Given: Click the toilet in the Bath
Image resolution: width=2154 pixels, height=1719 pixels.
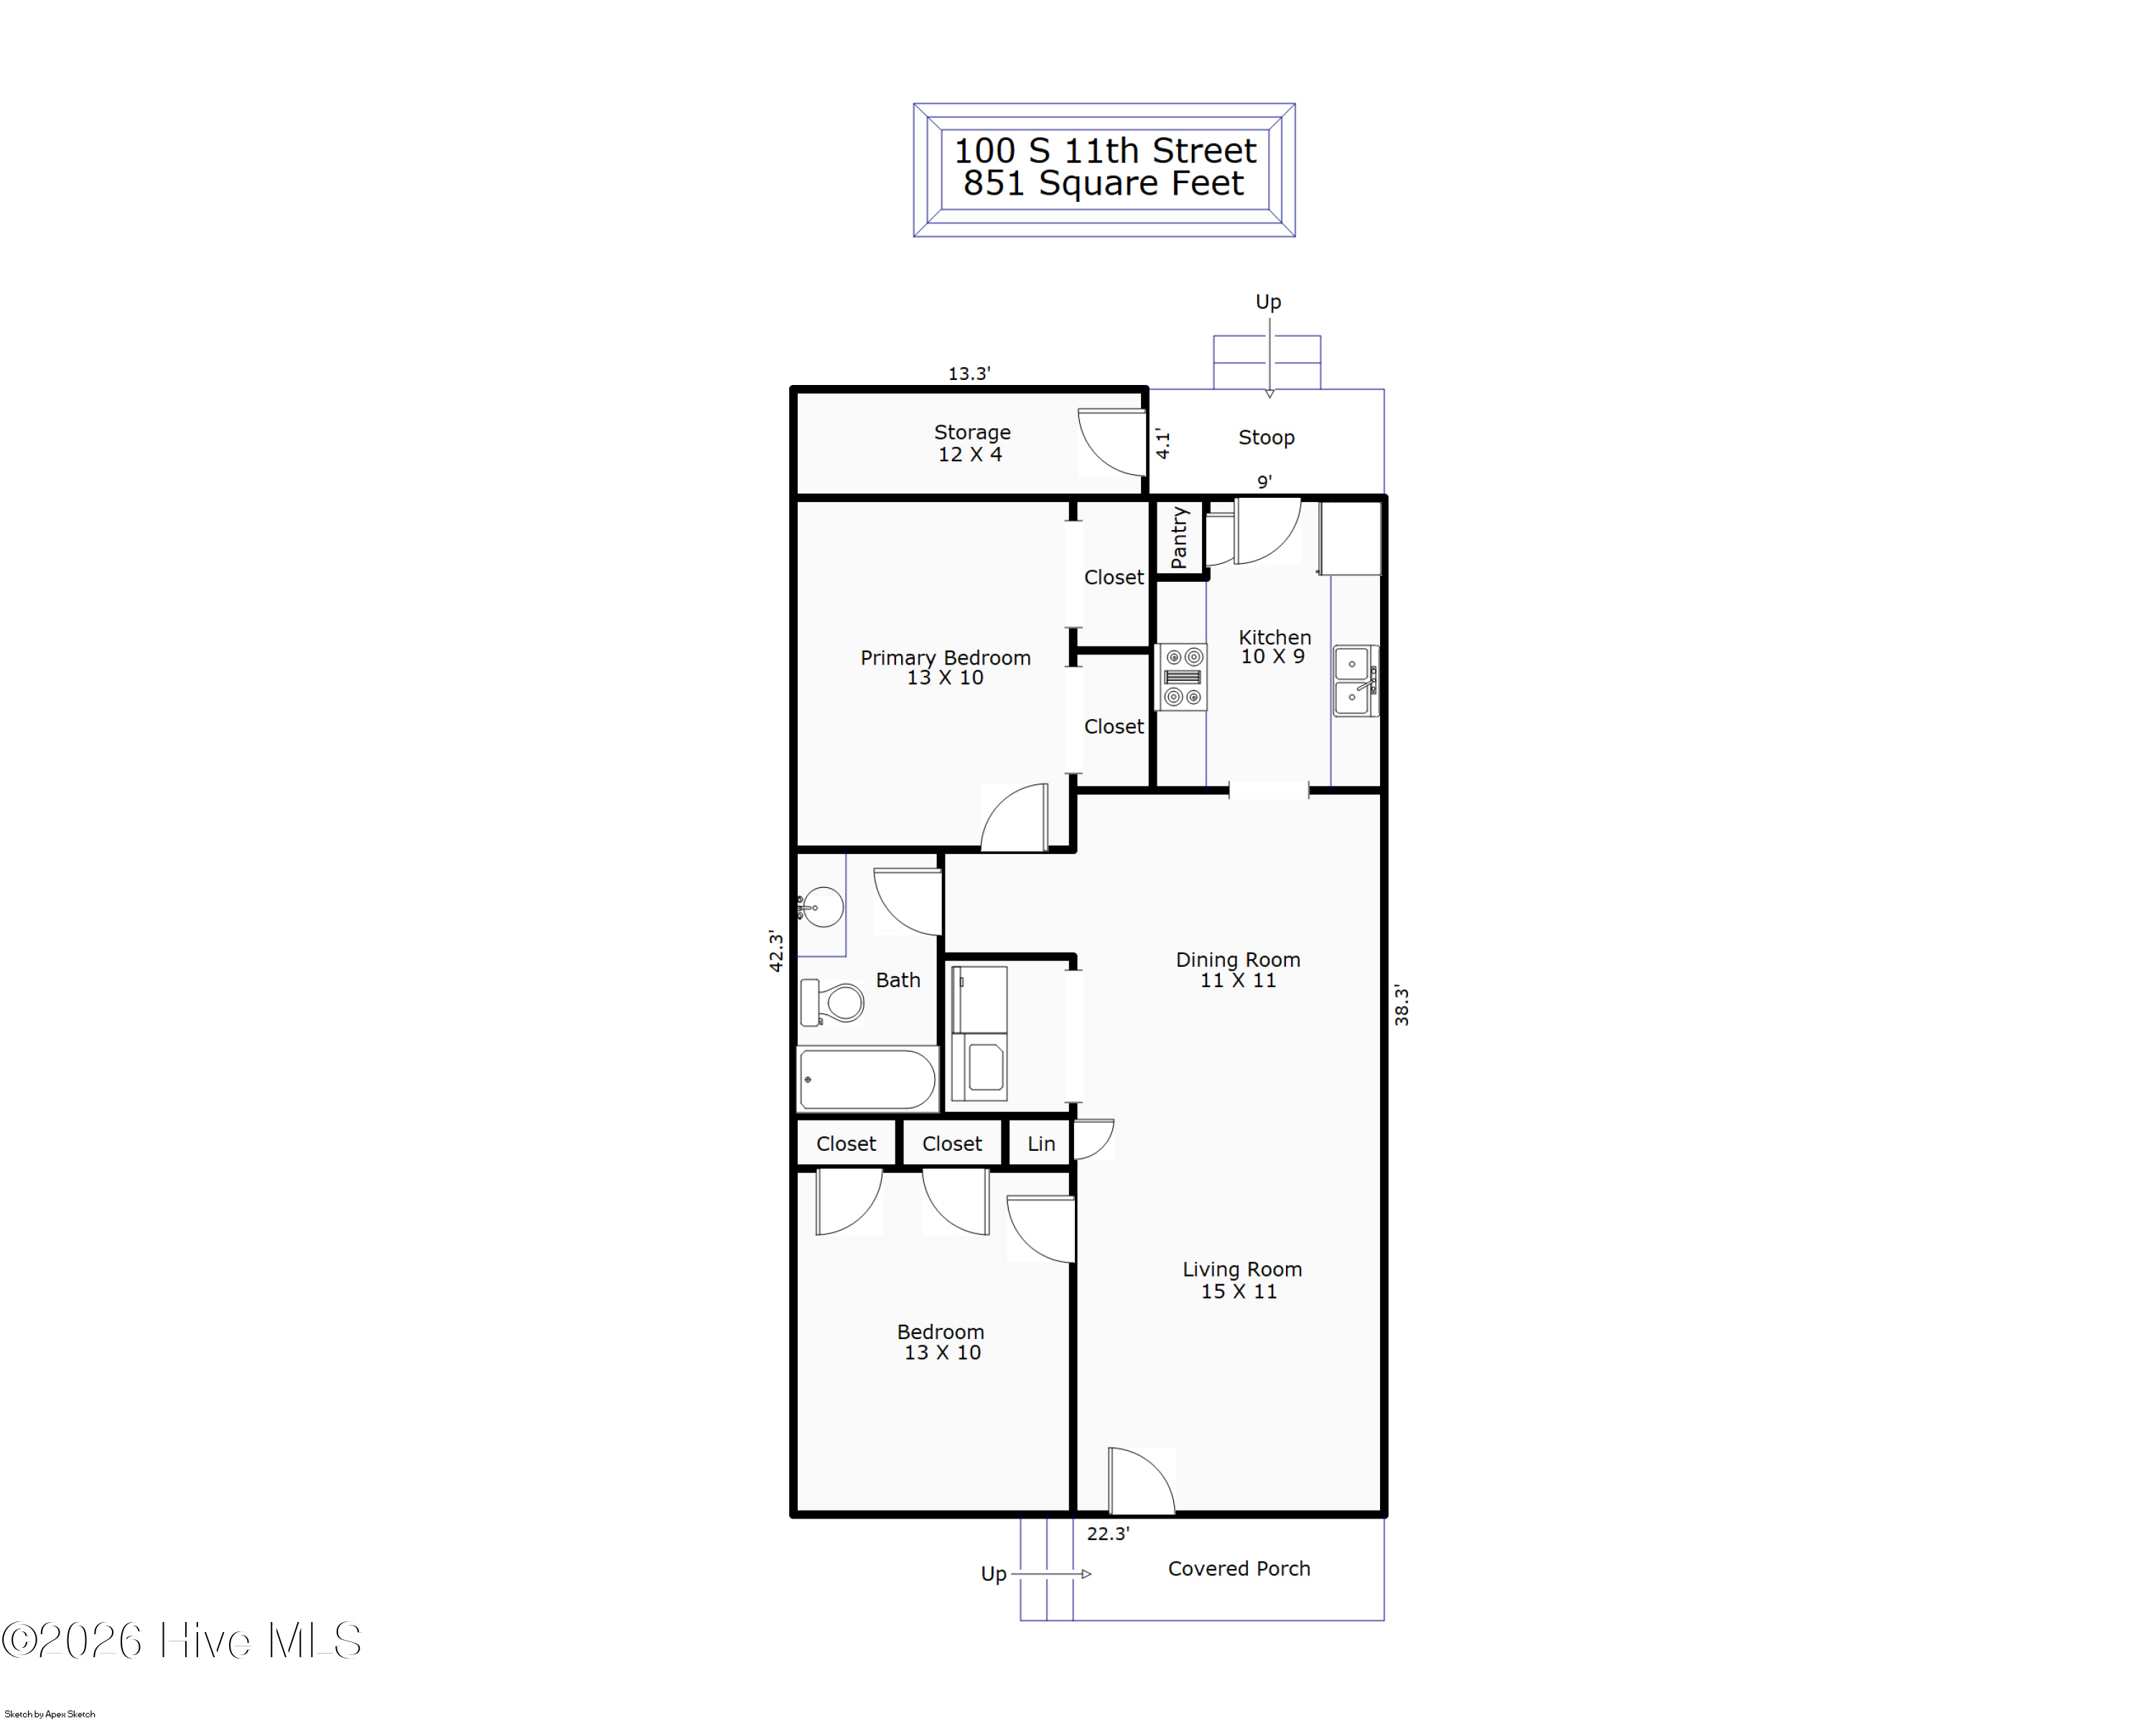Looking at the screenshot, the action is [x=832, y=1002].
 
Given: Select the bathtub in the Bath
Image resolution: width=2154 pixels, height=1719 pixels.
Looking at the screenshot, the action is [x=867, y=1080].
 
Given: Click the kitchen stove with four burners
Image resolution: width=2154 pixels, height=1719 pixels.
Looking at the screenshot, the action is [x=1183, y=677].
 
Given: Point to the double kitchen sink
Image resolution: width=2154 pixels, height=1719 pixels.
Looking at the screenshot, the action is [x=1356, y=680].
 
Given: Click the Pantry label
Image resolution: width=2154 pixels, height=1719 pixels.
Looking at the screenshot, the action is [x=1180, y=538].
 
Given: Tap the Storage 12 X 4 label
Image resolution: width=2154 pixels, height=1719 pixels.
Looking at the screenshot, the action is [x=971, y=443].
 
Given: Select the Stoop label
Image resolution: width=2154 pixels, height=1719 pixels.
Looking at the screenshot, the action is [x=1266, y=437].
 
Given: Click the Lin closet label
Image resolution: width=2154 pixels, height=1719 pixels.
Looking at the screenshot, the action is [x=1041, y=1144].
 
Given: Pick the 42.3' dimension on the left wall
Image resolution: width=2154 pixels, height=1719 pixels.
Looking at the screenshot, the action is [x=776, y=950].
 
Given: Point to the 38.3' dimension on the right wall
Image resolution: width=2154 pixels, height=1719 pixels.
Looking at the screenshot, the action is [x=1402, y=1006].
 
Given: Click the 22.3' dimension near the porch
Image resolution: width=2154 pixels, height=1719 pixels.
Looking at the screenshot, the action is [x=1108, y=1533].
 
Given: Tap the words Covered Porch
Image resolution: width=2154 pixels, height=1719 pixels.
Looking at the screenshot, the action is [x=1239, y=1569].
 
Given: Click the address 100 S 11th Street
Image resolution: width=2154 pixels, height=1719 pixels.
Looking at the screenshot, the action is [x=1105, y=151].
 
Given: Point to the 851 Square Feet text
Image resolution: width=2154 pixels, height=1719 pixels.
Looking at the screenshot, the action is [x=1104, y=184].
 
